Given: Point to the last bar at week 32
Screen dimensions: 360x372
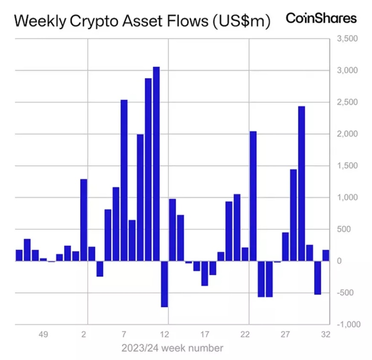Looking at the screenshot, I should tap(326, 255).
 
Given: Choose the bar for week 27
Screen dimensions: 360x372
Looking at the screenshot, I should tap(285, 247).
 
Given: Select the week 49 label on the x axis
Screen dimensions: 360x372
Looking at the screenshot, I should tap(43, 334).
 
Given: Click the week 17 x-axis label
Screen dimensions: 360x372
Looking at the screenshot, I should tap(205, 334).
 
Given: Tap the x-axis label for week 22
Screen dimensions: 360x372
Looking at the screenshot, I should tap(245, 334).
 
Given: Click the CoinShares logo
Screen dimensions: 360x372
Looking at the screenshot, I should tap(321, 18).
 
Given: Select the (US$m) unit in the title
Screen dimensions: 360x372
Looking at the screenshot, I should tap(241, 21).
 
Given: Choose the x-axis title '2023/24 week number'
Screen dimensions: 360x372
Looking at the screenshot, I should tap(172, 348).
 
